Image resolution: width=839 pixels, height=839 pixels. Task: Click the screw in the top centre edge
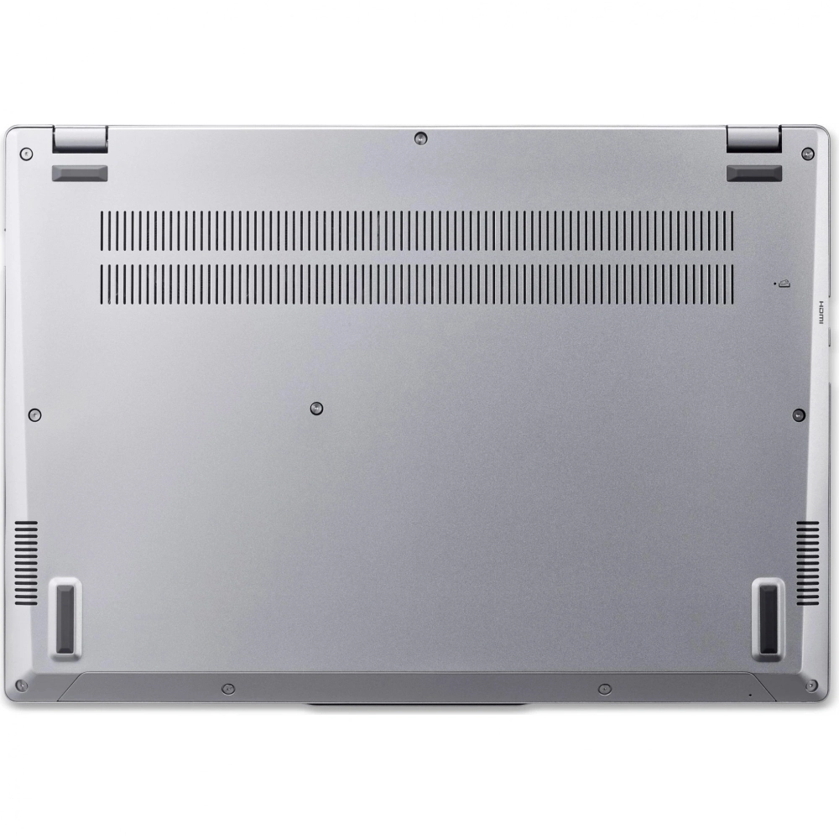coord(421,139)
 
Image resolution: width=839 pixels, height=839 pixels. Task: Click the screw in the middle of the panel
coord(316,409)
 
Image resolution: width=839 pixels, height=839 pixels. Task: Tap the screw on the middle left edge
coord(34,414)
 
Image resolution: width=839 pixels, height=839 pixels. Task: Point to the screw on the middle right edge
coord(799,414)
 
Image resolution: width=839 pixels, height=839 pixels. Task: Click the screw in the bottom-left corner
coord(22,685)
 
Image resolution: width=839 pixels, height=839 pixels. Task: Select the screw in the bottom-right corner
coord(811,685)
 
